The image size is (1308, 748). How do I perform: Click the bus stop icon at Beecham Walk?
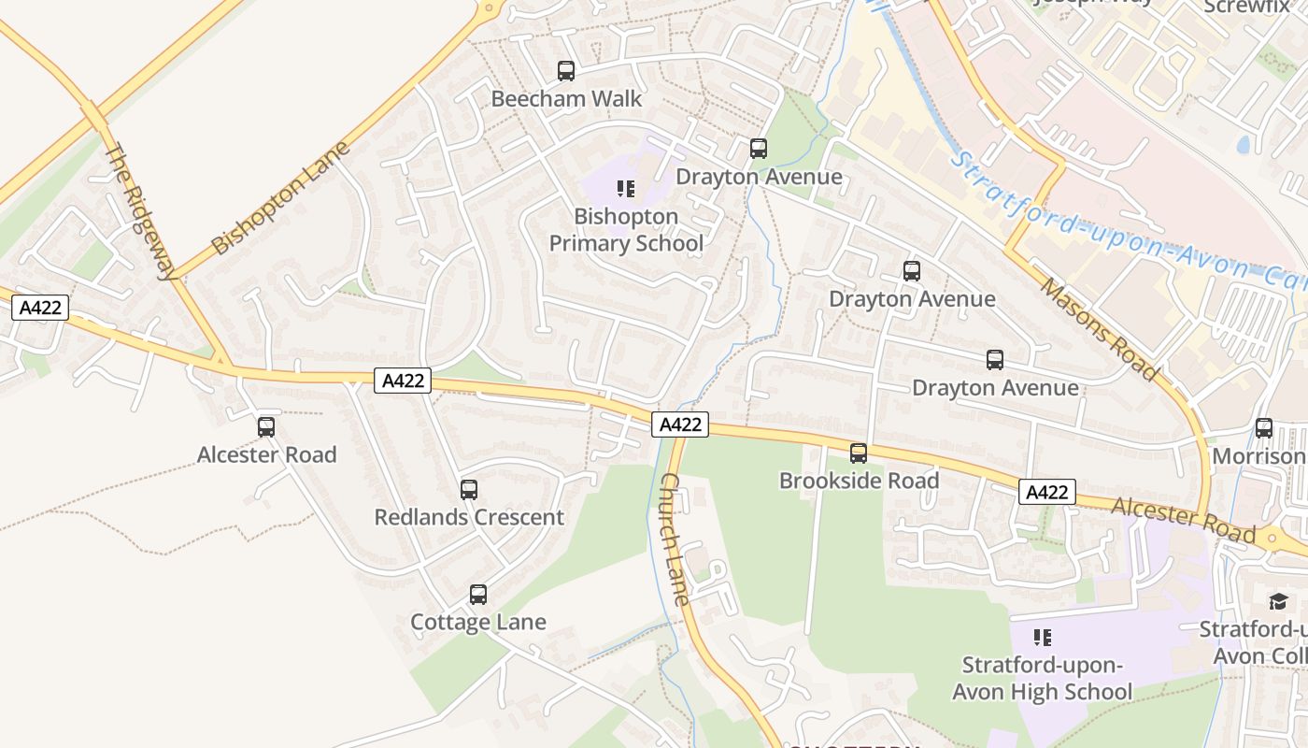click(x=566, y=71)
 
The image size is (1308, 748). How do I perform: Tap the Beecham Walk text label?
click(x=566, y=99)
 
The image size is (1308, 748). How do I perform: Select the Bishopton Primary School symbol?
click(x=626, y=189)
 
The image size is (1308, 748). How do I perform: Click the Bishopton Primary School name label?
click(x=626, y=230)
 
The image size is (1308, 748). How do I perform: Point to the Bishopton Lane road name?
click(x=280, y=197)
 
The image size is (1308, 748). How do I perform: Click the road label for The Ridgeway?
click(x=141, y=211)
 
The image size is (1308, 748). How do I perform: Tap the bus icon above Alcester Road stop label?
click(x=266, y=427)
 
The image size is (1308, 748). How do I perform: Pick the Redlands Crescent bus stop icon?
click(x=469, y=490)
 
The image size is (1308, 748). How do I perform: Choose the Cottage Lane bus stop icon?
click(x=478, y=595)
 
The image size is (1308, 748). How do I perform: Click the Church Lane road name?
click(x=674, y=539)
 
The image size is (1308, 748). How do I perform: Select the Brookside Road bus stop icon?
click(x=859, y=453)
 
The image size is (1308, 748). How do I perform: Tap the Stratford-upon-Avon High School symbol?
click(x=1043, y=638)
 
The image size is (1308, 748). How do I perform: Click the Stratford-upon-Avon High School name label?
click(x=1043, y=679)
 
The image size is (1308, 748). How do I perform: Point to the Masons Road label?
click(x=1099, y=328)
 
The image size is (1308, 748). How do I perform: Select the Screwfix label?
click(x=1246, y=6)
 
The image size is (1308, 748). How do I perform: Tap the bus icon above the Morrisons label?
click(x=1264, y=428)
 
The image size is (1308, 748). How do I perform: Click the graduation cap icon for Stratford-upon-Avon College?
click(x=1278, y=601)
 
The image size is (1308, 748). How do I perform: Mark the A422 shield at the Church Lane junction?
click(x=680, y=424)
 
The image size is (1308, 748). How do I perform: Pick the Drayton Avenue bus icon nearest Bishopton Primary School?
click(x=759, y=149)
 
